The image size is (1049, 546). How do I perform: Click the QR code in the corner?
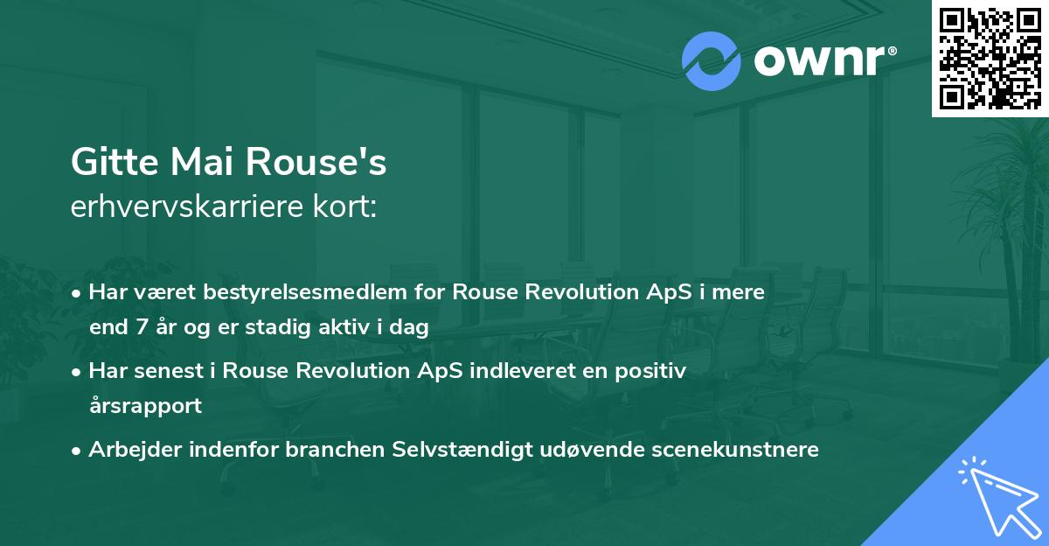[x=990, y=58]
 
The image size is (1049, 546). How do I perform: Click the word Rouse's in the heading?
[x=315, y=164]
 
